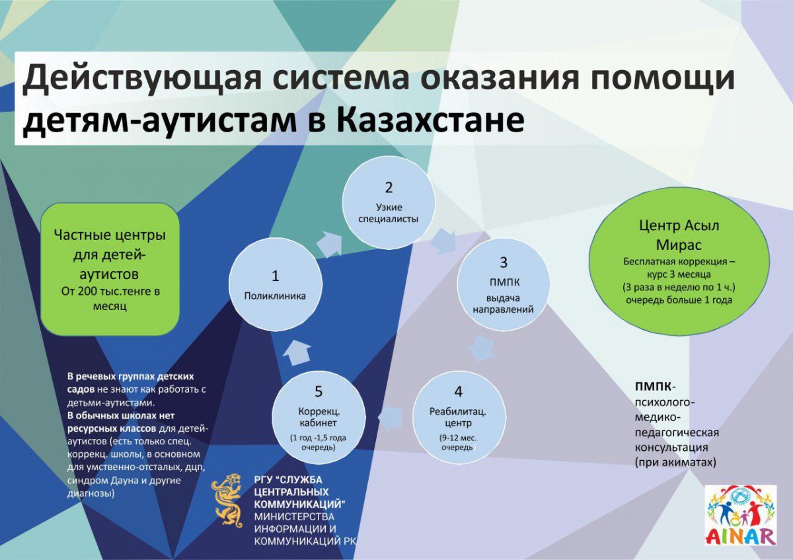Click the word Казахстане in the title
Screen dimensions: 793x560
430,120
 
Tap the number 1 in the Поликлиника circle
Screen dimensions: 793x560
275,276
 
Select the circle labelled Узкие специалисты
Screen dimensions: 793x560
389,202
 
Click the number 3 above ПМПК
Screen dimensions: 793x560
504,262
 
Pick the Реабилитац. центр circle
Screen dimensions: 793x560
459,418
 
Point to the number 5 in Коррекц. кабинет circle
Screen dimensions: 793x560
319,391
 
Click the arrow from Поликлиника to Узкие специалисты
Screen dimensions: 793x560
330,245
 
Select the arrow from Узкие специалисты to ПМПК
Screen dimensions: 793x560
445,241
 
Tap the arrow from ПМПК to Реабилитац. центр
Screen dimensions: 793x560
482,348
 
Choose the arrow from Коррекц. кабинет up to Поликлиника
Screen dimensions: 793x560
297,354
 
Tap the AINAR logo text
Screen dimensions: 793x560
741,537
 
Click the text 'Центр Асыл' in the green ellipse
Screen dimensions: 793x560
679,225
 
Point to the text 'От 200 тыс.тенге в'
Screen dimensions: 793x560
110,292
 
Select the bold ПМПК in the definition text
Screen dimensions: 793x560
653,386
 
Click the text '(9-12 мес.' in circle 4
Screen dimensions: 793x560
458,438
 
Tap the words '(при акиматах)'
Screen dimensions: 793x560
675,463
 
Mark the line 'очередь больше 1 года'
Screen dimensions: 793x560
679,300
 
